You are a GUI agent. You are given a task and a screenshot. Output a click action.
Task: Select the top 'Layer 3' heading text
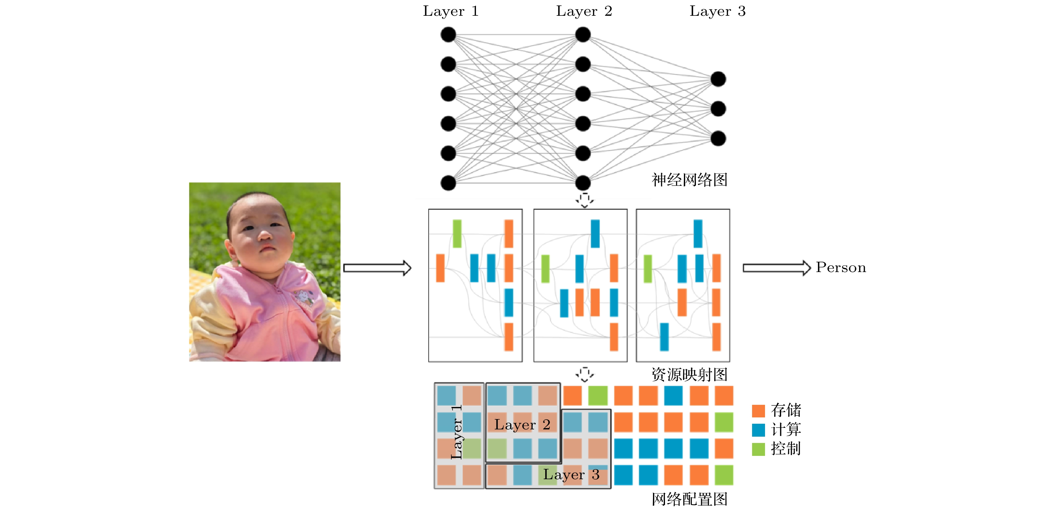[x=717, y=11]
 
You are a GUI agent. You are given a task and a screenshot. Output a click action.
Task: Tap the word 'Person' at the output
[x=840, y=267]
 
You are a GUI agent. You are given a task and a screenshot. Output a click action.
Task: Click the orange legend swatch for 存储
[x=758, y=410]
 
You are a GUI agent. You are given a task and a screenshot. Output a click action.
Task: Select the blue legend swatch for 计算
[x=758, y=430]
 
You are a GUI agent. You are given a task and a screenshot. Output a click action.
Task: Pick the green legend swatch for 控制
[x=758, y=449]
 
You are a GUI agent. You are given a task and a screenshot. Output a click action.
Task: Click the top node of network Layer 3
[x=718, y=79]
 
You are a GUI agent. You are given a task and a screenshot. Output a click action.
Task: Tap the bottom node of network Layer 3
[x=718, y=138]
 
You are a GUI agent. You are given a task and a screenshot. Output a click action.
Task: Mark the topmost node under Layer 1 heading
[x=448, y=34]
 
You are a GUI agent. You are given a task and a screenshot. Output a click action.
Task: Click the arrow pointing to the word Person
[x=776, y=268]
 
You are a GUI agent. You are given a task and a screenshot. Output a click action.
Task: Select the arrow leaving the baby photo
[x=377, y=268]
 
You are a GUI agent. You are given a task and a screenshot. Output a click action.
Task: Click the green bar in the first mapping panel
[x=457, y=234]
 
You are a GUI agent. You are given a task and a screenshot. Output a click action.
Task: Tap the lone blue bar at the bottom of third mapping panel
[x=664, y=337]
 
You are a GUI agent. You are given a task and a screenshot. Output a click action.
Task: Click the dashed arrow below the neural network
[x=584, y=200]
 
